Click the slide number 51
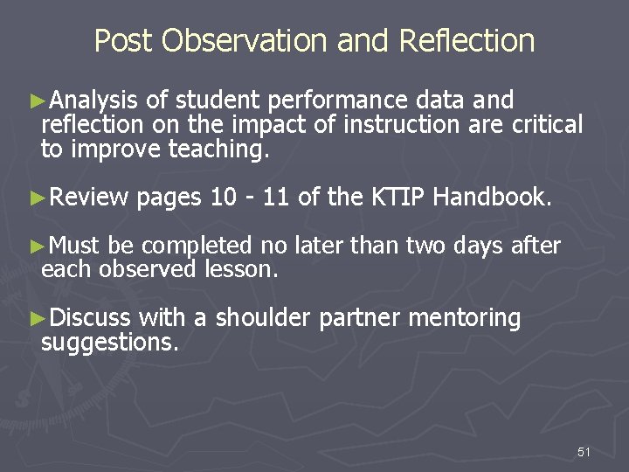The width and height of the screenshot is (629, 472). [584, 452]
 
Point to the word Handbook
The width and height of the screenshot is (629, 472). [492, 198]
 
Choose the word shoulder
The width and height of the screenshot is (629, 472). [263, 319]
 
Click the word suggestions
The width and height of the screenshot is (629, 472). [110, 344]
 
